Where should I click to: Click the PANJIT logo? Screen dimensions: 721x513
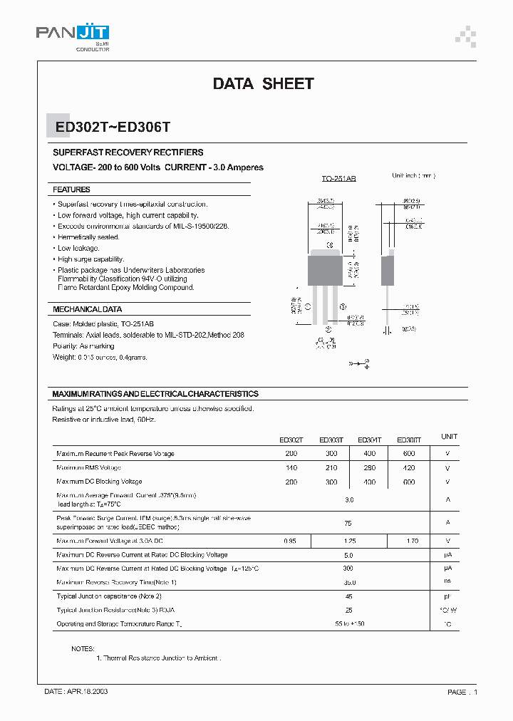click(x=72, y=34)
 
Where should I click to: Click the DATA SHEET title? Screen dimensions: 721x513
click(x=263, y=84)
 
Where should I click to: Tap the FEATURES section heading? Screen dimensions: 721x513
click(x=72, y=190)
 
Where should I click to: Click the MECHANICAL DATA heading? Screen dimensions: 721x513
click(x=88, y=310)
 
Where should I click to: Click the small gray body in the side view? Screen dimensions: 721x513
click(x=388, y=270)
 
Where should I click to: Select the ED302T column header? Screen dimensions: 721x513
click(x=291, y=440)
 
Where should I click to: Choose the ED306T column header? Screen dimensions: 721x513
click(x=408, y=440)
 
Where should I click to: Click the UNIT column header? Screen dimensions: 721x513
click(x=449, y=436)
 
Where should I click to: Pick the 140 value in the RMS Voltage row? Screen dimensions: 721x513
click(x=291, y=468)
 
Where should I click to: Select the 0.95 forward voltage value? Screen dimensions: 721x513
click(x=290, y=541)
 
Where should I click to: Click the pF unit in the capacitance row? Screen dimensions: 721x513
click(x=448, y=596)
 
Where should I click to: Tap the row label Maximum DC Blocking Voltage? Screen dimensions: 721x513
click(x=99, y=482)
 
